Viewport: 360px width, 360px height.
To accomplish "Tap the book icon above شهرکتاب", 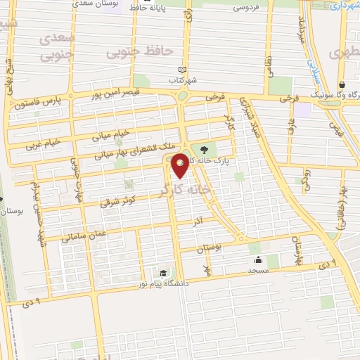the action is tap(184, 70).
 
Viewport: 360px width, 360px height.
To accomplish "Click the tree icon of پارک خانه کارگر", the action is tap(205, 149).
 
